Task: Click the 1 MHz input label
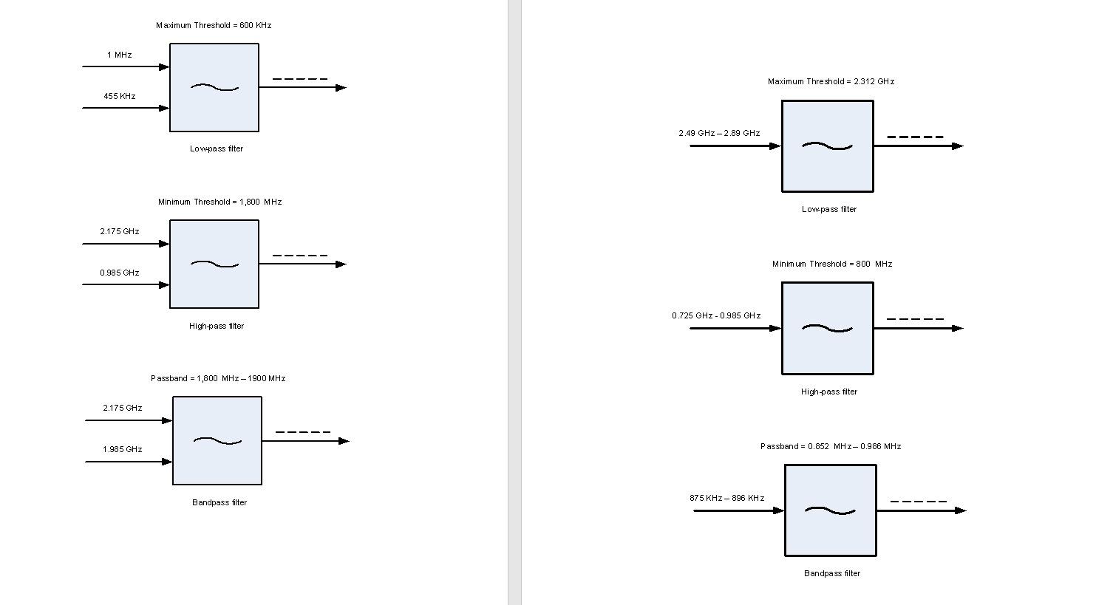119,55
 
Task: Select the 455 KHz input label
120,97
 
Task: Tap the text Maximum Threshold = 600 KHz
214,26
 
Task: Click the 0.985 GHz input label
120,273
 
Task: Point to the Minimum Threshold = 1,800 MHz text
219,202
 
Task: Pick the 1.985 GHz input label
123,450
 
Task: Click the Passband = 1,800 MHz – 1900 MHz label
218,379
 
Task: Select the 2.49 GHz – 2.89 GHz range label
719,134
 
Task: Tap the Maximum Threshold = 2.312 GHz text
831,82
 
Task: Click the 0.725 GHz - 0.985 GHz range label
716,316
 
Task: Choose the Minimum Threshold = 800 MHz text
832,264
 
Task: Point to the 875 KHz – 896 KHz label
726,499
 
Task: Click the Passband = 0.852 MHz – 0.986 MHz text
831,447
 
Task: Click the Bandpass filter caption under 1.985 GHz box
219,503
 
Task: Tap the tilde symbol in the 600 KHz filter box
214,88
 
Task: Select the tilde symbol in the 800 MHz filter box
827,329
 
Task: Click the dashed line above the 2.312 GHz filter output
915,137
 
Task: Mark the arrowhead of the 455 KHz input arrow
165,109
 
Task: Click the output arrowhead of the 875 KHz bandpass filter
960,510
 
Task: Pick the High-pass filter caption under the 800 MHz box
829,392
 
